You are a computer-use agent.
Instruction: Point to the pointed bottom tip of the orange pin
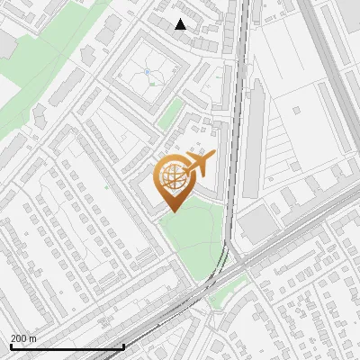[174, 211]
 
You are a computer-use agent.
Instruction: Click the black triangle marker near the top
[180, 24]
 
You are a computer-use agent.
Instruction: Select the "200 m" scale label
[23, 338]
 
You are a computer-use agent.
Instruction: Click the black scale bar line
[67, 346]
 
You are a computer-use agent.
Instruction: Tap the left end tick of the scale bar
[10, 345]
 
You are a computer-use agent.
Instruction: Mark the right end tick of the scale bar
[124, 345]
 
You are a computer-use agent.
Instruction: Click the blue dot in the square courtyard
[147, 71]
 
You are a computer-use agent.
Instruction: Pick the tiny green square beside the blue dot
[153, 84]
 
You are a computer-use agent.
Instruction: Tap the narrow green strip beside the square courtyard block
[170, 112]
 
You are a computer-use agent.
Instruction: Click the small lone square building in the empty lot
[298, 112]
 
